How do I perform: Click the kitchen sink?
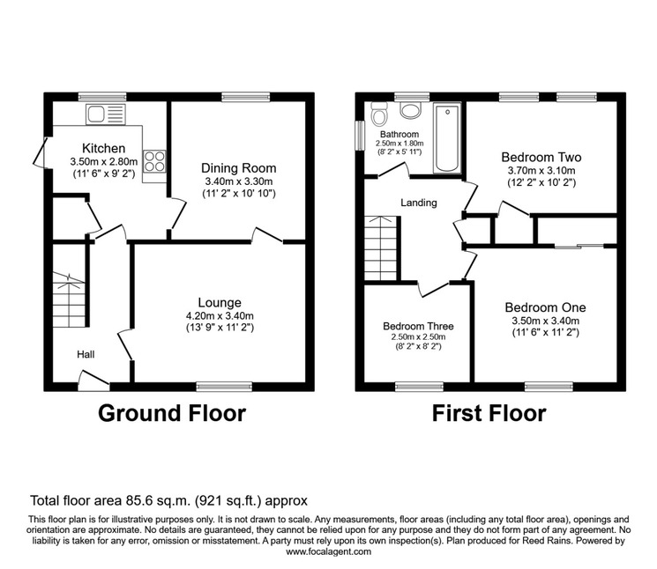[x=106, y=115]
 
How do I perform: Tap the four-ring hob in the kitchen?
[x=154, y=161]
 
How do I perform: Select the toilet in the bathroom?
[x=379, y=114]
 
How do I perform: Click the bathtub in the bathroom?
[x=447, y=138]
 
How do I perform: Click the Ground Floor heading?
[x=172, y=413]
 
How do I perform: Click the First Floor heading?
[x=489, y=413]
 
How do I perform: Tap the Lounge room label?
[x=220, y=302]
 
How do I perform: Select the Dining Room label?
[x=239, y=168]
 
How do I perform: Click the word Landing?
[x=419, y=203]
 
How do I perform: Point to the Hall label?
[x=86, y=355]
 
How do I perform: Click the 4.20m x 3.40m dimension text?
[x=220, y=316]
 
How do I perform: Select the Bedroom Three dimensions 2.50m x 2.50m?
[x=419, y=337]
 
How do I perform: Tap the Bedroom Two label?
[x=541, y=158]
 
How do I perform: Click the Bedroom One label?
[x=545, y=307]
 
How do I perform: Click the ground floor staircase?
[x=69, y=299]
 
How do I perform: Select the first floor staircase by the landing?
[x=380, y=248]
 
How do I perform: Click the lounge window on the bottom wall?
[x=225, y=387]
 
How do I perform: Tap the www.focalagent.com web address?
[x=328, y=551]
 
